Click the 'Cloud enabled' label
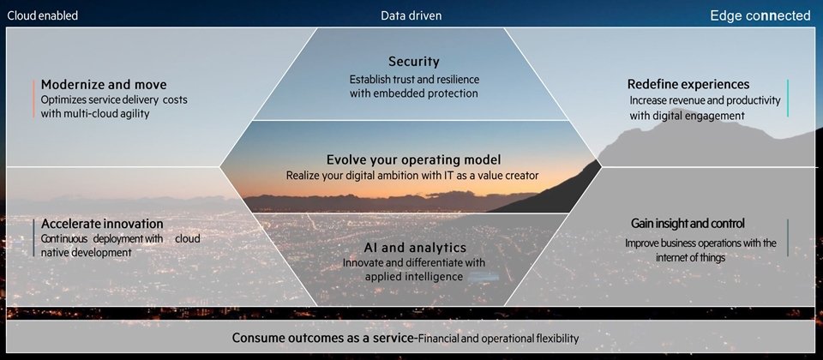(43, 15)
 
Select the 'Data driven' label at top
(411, 15)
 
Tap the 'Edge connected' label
(760, 15)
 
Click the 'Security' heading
(413, 62)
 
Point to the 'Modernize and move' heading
(104, 85)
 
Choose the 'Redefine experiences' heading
(688, 84)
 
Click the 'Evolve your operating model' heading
(413, 159)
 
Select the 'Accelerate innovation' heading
(102, 224)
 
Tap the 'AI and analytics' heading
(415, 247)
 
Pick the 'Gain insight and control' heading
(688, 224)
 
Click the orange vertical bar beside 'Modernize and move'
(33, 99)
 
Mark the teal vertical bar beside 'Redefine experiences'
(787, 98)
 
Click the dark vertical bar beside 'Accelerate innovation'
(33, 237)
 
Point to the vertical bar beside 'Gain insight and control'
(787, 237)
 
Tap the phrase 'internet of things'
(690, 258)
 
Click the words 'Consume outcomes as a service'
(323, 338)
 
